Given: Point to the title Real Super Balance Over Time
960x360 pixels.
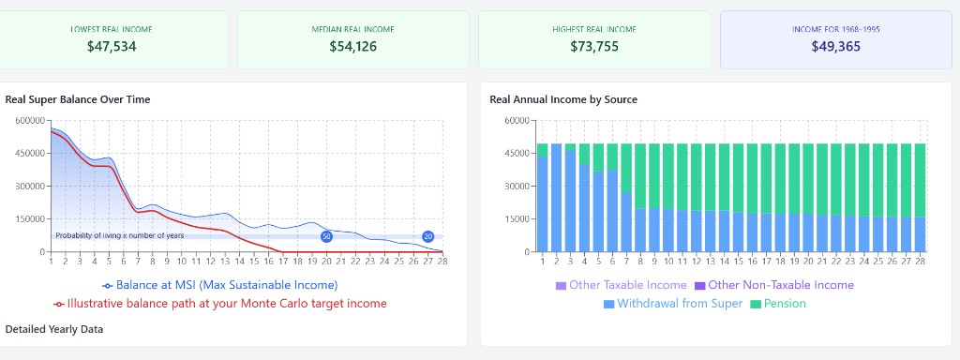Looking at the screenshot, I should coord(78,99).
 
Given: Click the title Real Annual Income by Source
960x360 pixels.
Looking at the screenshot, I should coord(563,99).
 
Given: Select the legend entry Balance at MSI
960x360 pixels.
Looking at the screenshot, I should coord(220,284).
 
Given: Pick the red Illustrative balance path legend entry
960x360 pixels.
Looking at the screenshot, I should coord(220,304).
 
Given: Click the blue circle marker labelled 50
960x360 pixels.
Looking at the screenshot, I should coord(327,236).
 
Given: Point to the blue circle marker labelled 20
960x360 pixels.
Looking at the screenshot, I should coord(427,236).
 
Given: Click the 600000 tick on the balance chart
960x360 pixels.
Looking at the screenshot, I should coord(30,120).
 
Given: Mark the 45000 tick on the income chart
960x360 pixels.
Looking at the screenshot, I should coord(515,153).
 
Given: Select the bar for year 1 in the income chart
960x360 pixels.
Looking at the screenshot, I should coord(542,197).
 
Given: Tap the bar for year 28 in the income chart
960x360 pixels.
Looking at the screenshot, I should coord(921,197).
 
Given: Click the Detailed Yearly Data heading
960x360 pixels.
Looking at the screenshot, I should coord(54,329).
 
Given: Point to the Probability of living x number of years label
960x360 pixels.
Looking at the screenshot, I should coord(119,235).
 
